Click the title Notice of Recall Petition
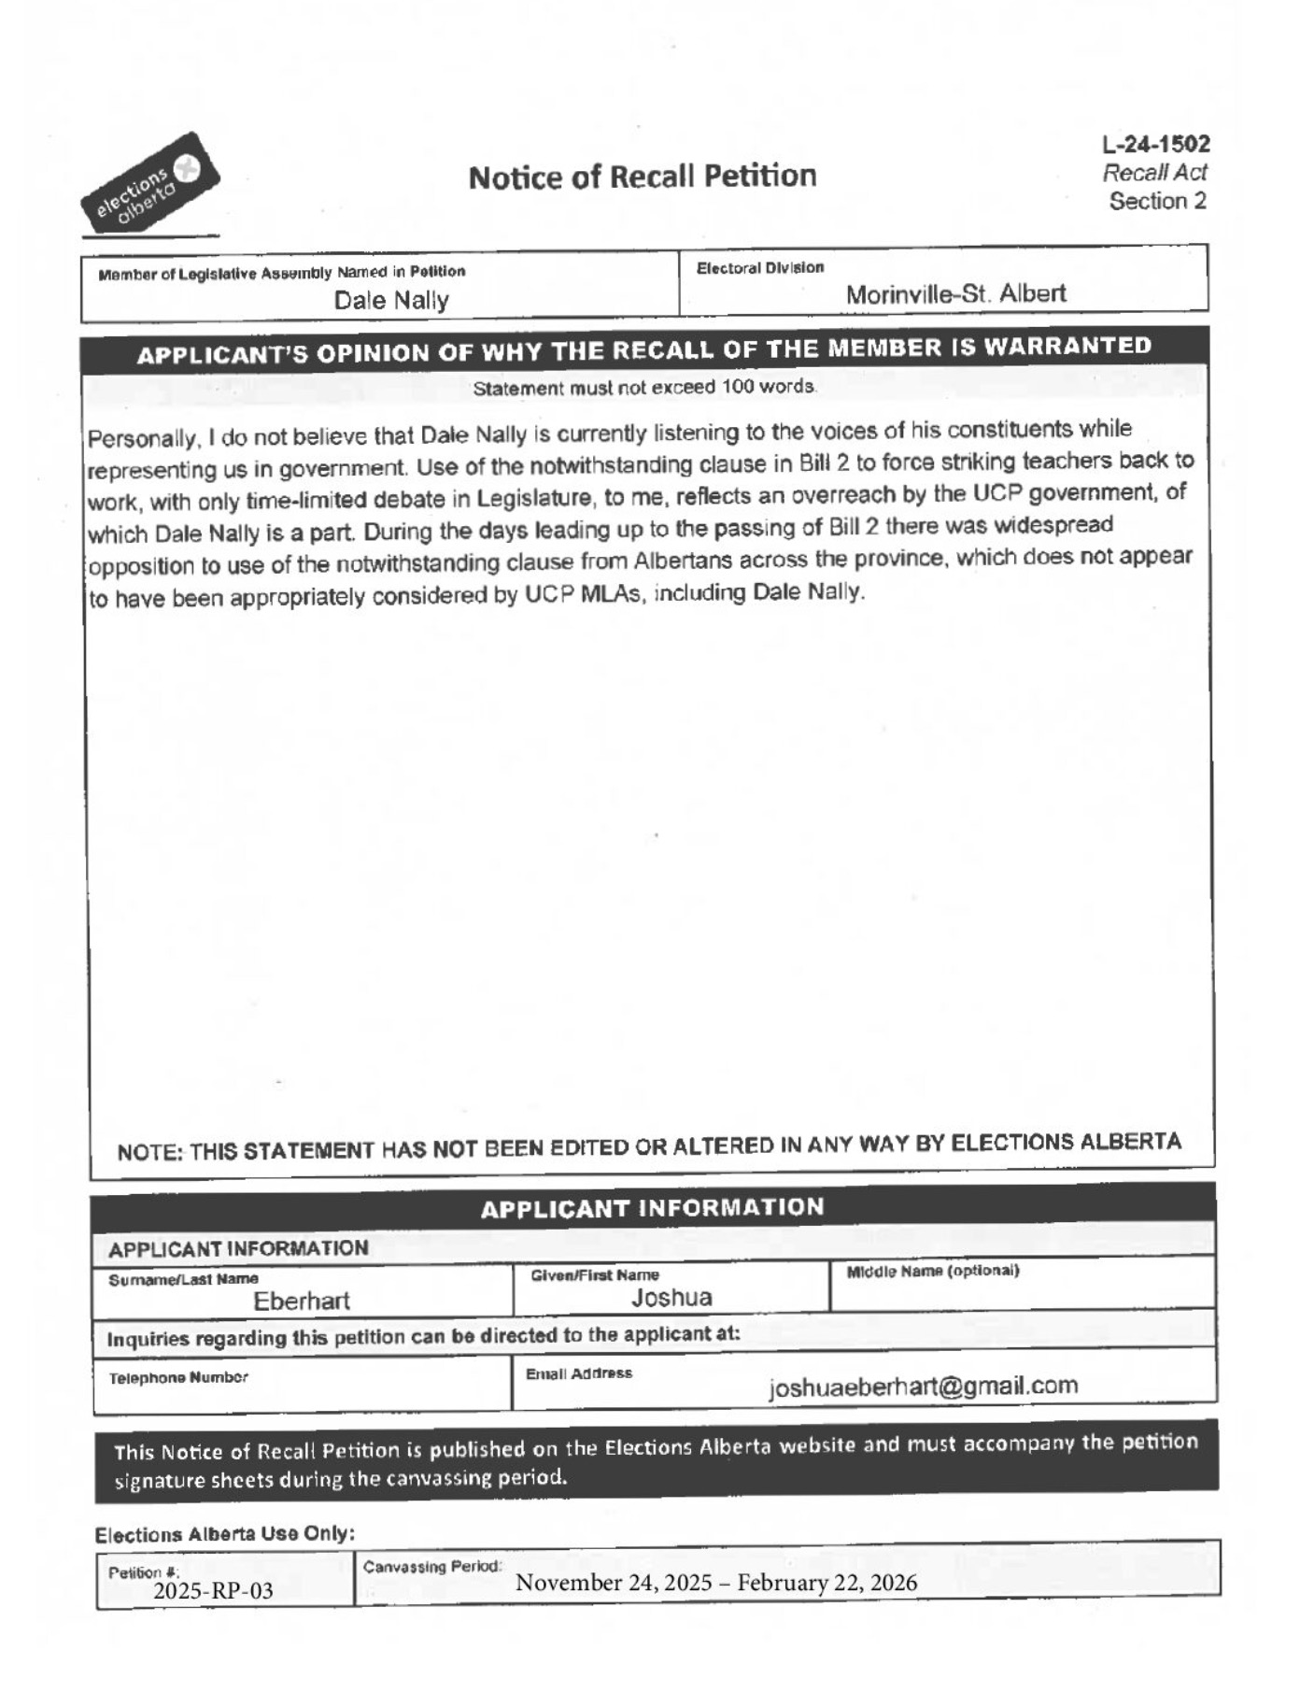[x=642, y=177]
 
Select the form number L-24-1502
[x=1155, y=145]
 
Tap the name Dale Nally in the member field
[x=391, y=300]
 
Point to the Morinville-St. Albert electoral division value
[x=955, y=294]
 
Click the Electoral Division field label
[x=759, y=268]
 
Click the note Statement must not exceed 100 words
[x=644, y=387]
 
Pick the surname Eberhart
[x=302, y=1301]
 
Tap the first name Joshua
[x=671, y=1297]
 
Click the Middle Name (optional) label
[x=932, y=1271]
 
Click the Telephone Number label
[x=178, y=1377]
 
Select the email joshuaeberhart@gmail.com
[x=923, y=1386]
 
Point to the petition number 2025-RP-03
[x=213, y=1590]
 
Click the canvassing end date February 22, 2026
[x=827, y=1582]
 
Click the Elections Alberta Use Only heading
[x=224, y=1534]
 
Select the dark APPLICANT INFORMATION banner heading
[x=652, y=1207]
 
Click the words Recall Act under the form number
[x=1154, y=173]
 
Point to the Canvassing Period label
[x=432, y=1566]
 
